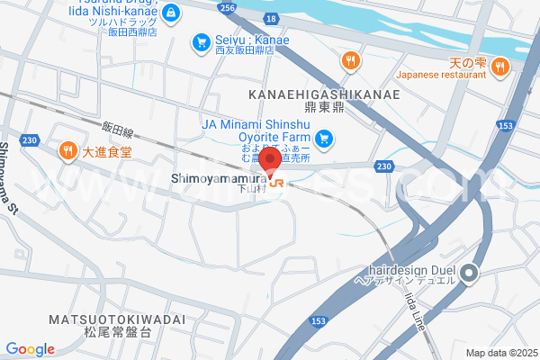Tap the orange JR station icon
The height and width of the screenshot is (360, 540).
pos(275,182)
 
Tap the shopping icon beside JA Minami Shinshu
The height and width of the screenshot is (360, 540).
pos(325,139)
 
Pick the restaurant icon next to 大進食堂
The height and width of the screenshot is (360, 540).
pos(67,151)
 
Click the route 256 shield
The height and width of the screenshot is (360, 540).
pos(228,7)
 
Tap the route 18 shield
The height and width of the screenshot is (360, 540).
pos(272,18)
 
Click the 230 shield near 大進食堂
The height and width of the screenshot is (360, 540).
pos(31,140)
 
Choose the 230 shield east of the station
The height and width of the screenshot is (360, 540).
pos(384,166)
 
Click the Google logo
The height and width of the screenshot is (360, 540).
pos(30,349)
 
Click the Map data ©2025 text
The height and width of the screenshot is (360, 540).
pos(500,352)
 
